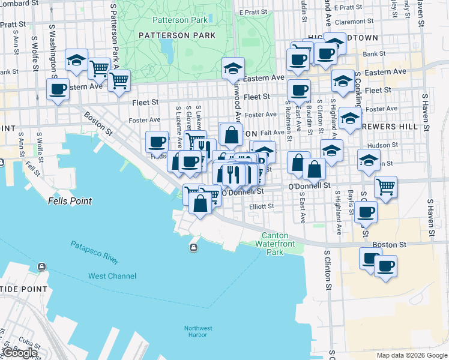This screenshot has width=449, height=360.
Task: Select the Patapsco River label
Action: tap(94, 252)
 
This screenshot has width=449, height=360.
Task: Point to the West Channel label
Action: tap(112, 276)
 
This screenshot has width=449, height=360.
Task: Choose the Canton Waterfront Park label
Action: tap(275, 244)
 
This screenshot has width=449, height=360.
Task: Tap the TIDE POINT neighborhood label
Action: tap(24, 289)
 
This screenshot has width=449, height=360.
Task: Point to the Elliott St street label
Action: tap(261, 206)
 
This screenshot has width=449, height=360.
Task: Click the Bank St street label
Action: tap(374, 54)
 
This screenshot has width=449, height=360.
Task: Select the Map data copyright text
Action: tap(412, 355)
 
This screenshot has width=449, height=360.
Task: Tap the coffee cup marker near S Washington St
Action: tap(58, 90)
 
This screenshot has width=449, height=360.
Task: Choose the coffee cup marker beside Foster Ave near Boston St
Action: tap(157, 142)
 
